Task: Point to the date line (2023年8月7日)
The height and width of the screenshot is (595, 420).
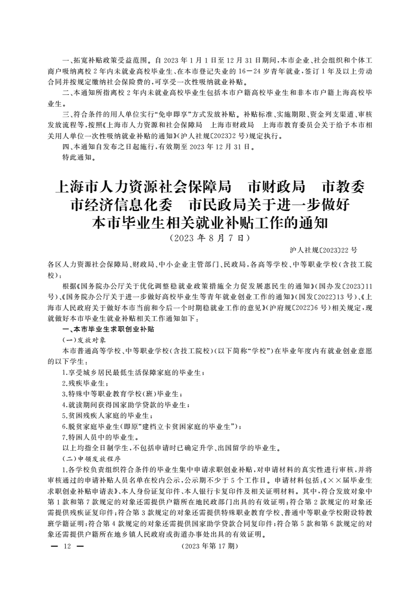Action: pyautogui.click(x=210, y=238)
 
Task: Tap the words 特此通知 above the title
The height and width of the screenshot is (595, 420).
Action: pyautogui.click(x=79, y=157)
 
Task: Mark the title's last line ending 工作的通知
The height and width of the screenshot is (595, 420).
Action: pyautogui.click(x=210, y=223)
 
